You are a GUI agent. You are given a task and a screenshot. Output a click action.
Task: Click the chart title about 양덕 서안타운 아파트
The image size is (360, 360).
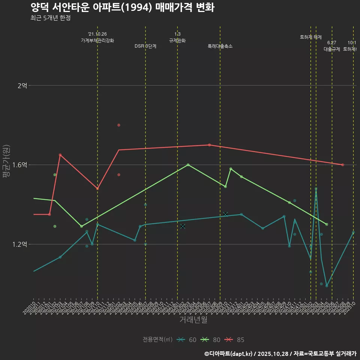coord(122,7)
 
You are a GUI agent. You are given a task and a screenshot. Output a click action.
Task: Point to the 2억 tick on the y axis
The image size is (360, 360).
coord(22,85)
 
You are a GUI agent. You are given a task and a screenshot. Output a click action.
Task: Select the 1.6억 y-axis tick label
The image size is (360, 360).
coord(20,165)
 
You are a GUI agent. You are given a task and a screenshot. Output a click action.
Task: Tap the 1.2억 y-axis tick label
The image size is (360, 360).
coord(20,244)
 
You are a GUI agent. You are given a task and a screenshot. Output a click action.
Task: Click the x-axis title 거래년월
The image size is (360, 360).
coord(193,320)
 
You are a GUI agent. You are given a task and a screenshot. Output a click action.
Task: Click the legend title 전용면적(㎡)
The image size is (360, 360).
coord(157,340)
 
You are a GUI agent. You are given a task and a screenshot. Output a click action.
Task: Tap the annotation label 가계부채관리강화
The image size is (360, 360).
coord(97,40)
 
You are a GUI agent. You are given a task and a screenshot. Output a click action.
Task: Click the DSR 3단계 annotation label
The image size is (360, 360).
coord(145,46)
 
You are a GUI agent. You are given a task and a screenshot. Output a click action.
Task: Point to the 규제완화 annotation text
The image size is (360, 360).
coord(177,40)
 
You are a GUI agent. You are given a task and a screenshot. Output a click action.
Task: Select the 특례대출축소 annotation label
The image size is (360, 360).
coord(220,46)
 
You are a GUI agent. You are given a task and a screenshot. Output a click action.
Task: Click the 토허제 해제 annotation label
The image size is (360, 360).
coord(311,37)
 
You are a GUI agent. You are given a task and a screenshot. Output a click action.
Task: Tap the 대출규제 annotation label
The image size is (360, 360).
coord(332,49)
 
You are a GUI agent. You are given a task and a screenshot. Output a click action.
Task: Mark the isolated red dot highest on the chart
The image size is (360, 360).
coord(118,125)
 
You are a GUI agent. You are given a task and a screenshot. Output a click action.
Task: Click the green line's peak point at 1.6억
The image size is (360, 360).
coord(188,165)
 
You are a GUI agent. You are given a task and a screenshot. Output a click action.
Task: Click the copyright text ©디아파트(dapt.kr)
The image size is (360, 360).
coord(229,354)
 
